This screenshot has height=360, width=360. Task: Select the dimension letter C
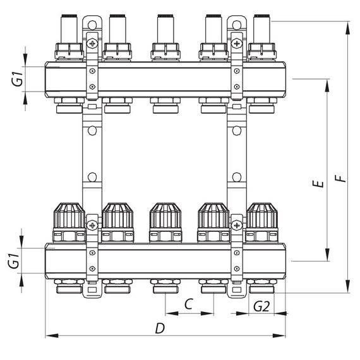(188, 304)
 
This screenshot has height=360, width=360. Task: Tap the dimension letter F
(341, 178)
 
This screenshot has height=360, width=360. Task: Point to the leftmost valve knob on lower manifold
(69, 217)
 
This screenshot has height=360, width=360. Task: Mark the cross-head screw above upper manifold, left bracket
(93, 44)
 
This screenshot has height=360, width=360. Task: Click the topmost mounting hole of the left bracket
(92, 27)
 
